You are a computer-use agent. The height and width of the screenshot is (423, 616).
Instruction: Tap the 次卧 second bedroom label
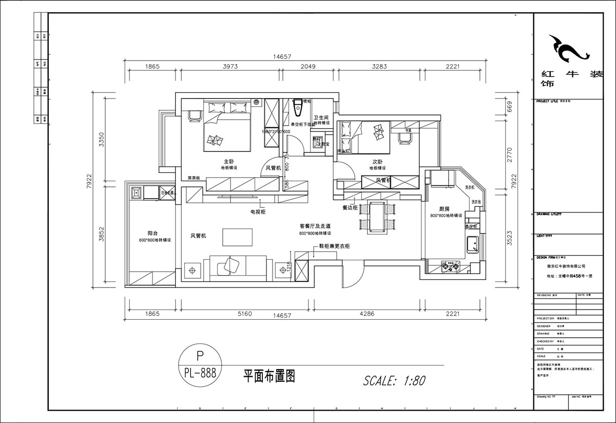[378, 161]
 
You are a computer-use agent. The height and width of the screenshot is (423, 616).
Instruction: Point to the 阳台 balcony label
[151, 233]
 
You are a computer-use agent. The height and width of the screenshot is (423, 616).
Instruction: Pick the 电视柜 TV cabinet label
[257, 211]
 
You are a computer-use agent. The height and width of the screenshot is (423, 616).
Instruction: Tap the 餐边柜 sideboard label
[350, 208]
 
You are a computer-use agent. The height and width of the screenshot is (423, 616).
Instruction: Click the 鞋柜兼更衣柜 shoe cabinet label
[334, 246]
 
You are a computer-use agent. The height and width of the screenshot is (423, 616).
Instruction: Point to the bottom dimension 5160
[245, 314]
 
